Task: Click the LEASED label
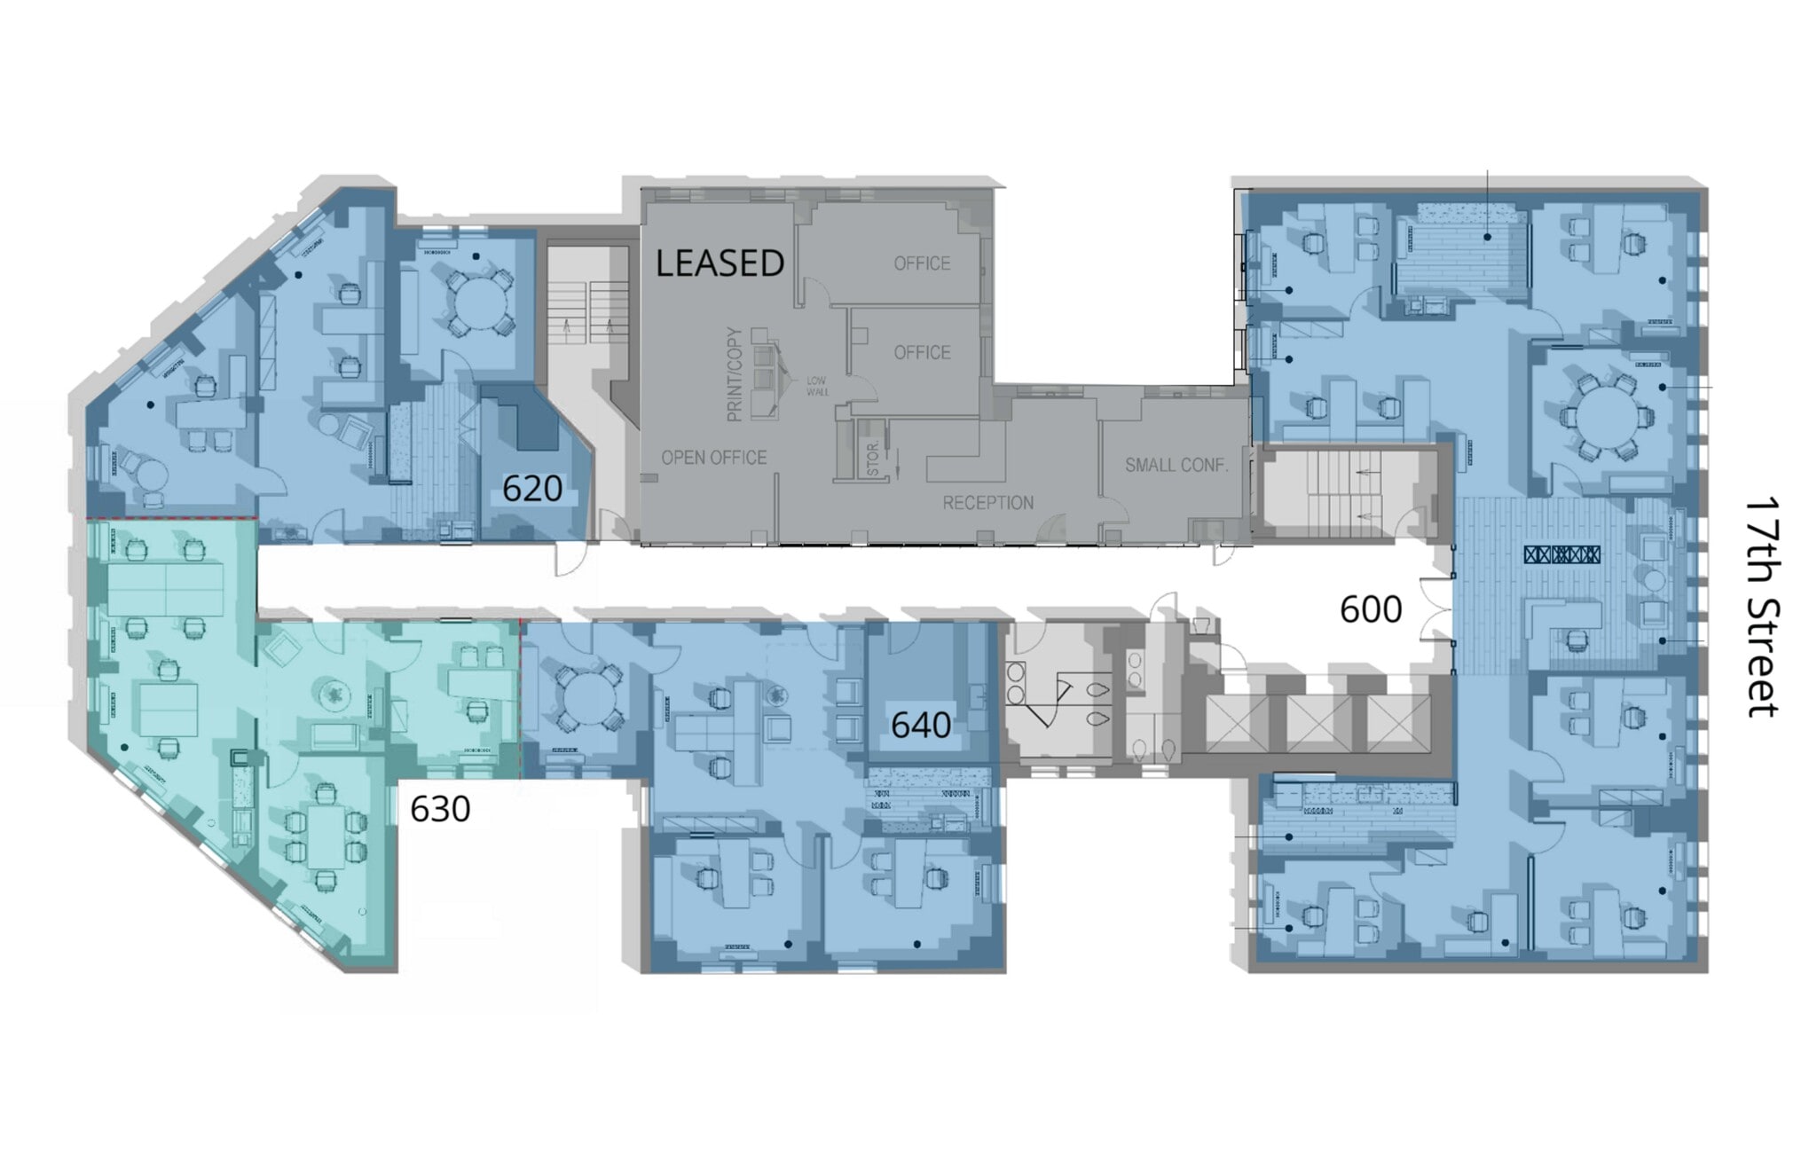point(720,263)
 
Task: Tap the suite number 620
point(532,489)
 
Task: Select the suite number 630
point(440,809)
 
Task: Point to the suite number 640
point(921,726)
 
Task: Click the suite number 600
point(1371,609)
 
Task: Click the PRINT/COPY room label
point(734,374)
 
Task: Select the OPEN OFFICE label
point(713,458)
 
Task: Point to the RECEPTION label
point(987,503)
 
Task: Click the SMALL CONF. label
point(1176,465)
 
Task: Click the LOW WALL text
point(816,386)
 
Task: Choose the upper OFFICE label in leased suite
point(922,263)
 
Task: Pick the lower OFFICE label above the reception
point(922,353)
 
